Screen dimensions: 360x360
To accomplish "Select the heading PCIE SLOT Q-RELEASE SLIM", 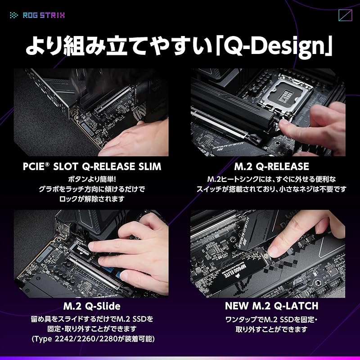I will (x=92, y=166).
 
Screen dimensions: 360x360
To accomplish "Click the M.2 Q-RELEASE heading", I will (x=271, y=166).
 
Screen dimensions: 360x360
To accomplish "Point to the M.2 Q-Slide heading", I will (x=92, y=306).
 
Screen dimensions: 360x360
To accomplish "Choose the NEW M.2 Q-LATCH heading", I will (x=271, y=306).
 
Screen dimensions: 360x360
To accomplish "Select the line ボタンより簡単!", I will (x=92, y=178).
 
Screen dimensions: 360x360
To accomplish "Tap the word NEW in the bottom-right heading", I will (x=237, y=306).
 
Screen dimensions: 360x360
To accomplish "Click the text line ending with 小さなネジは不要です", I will (x=271, y=189).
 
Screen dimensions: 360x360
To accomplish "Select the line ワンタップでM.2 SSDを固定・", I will (x=271, y=319).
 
